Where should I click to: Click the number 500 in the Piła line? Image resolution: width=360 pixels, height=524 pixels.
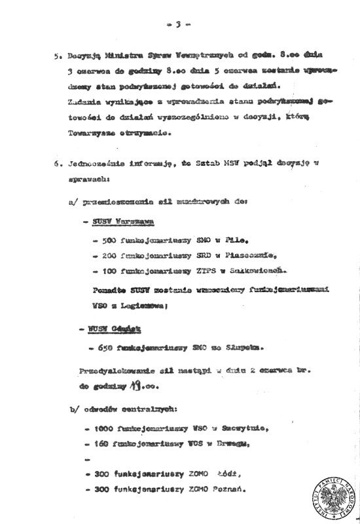[109, 241]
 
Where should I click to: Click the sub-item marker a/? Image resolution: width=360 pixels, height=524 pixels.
[73, 203]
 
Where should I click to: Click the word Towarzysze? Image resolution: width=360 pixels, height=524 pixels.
[88, 134]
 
